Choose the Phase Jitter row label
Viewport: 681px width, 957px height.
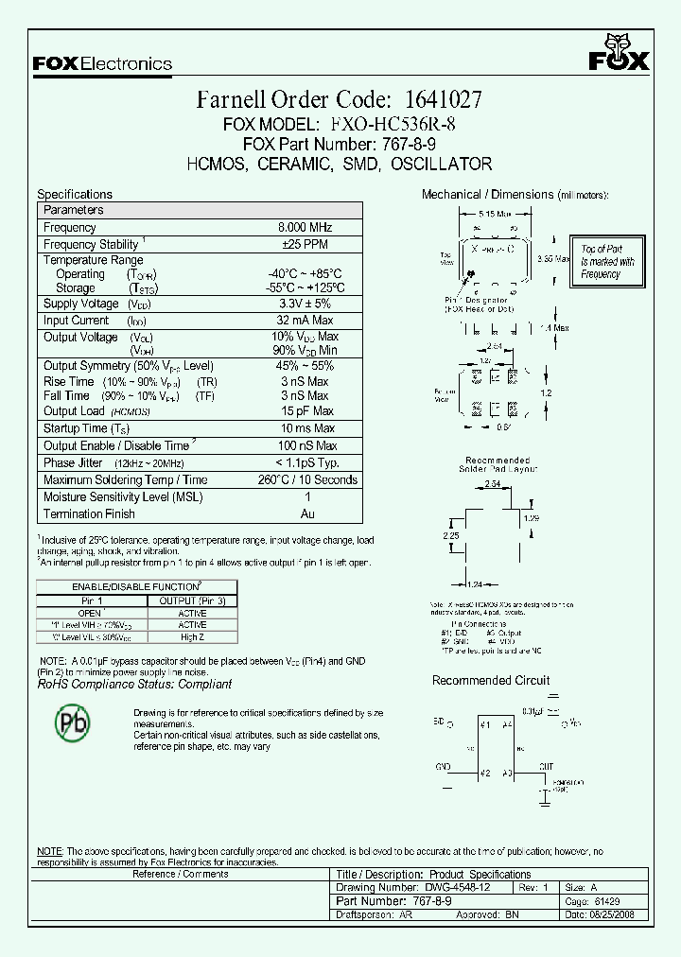point(72,462)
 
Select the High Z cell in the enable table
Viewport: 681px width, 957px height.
point(192,637)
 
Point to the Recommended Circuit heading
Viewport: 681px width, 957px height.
point(490,681)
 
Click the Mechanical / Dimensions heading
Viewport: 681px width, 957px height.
point(487,195)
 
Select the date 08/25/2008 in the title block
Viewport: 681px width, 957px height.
point(619,914)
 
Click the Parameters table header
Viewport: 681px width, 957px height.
point(74,210)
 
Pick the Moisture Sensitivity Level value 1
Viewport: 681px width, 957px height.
point(306,496)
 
